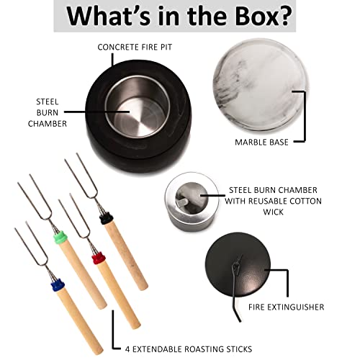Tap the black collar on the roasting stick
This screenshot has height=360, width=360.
click(107, 215)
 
